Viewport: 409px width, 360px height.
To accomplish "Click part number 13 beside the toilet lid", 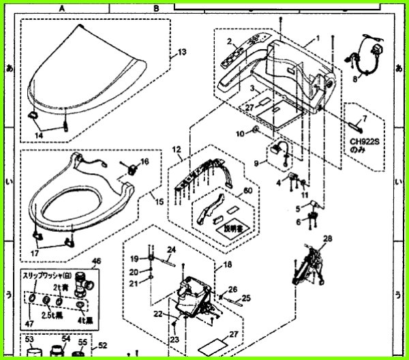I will [x=182, y=52].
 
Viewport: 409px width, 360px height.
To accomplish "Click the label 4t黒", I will [x=87, y=318].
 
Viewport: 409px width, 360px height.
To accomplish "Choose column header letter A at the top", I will [x=61, y=8].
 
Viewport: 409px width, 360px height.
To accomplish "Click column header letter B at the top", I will [x=157, y=8].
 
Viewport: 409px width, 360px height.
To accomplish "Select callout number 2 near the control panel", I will [x=229, y=42].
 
